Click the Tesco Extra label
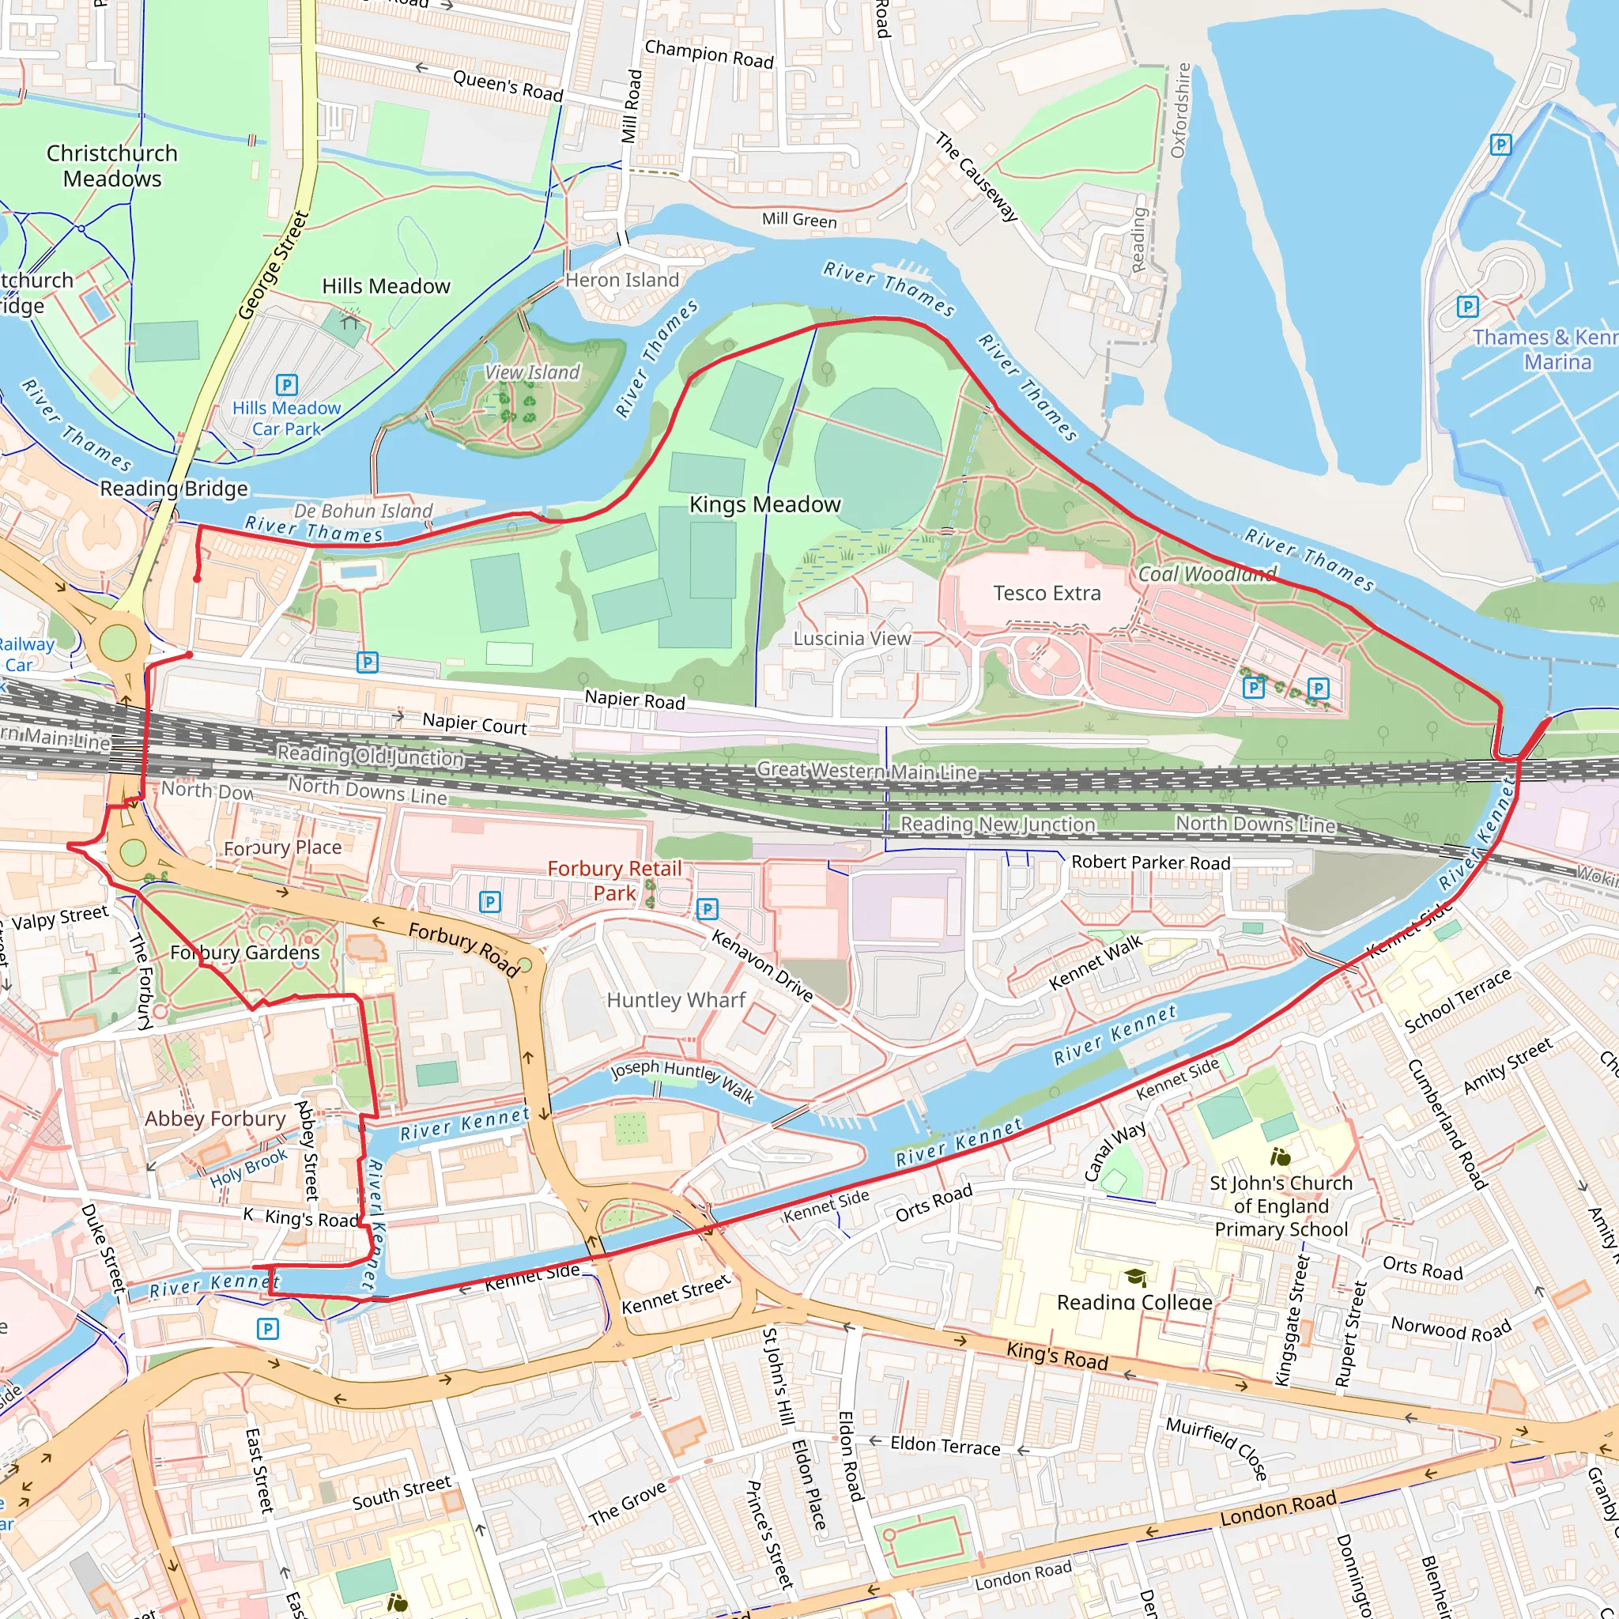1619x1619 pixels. [1047, 594]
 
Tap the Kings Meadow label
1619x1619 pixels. [764, 504]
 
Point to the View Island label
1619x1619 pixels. [532, 372]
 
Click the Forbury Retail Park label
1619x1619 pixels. [614, 881]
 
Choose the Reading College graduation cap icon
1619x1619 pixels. [1135, 1277]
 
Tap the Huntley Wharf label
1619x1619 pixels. [675, 1000]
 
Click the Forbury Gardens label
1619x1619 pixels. [245, 953]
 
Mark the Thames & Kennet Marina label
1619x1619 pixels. [1545, 349]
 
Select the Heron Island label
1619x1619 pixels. [622, 280]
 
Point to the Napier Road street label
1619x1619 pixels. [634, 699]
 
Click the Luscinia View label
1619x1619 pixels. [851, 639]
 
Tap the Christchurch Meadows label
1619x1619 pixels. [111, 166]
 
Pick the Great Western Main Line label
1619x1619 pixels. [866, 770]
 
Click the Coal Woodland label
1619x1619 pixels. [1206, 574]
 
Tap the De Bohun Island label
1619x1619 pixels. [363, 511]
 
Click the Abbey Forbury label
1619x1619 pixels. [215, 1119]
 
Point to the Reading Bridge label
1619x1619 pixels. [173, 489]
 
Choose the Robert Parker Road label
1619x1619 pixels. [1150, 862]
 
